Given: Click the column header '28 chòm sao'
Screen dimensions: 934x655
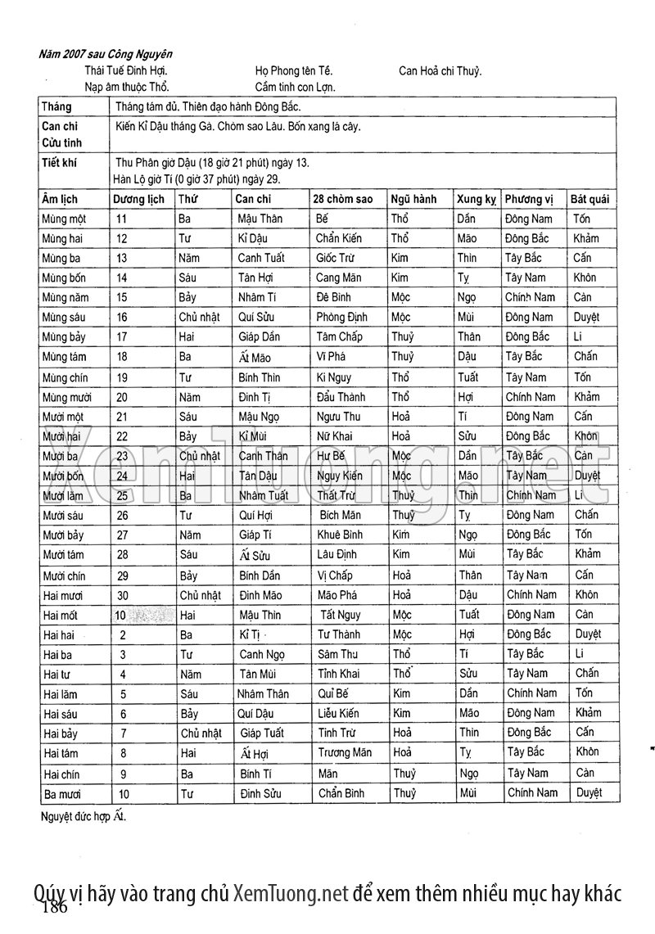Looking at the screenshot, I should click(x=342, y=199).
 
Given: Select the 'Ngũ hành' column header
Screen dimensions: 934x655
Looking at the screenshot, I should click(x=413, y=199).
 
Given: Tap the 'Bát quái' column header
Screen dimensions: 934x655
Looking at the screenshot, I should click(x=594, y=199).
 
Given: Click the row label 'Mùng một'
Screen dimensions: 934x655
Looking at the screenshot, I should click(x=64, y=219).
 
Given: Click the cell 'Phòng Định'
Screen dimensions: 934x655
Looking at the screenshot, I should click(x=341, y=317).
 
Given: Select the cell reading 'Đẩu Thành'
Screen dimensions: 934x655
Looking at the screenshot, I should click(x=341, y=397).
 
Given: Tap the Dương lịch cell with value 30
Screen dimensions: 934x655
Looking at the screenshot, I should click(x=123, y=596).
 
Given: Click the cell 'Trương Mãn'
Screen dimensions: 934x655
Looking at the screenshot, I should click(x=344, y=752).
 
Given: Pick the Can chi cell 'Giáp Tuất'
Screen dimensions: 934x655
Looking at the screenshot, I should click(x=261, y=733).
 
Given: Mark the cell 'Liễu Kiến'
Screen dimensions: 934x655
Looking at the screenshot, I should click(x=338, y=713).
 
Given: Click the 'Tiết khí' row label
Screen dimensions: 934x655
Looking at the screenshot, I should click(x=59, y=162).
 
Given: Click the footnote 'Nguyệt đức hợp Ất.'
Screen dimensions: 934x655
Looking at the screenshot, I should click(x=84, y=816).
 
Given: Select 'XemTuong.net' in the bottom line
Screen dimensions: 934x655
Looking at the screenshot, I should click(x=291, y=892).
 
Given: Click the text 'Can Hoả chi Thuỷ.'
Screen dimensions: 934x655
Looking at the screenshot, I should click(x=440, y=70).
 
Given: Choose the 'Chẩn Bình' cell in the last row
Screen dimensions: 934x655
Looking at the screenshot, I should click(x=341, y=792).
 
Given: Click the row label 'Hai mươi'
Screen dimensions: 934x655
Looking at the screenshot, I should click(x=63, y=596).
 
